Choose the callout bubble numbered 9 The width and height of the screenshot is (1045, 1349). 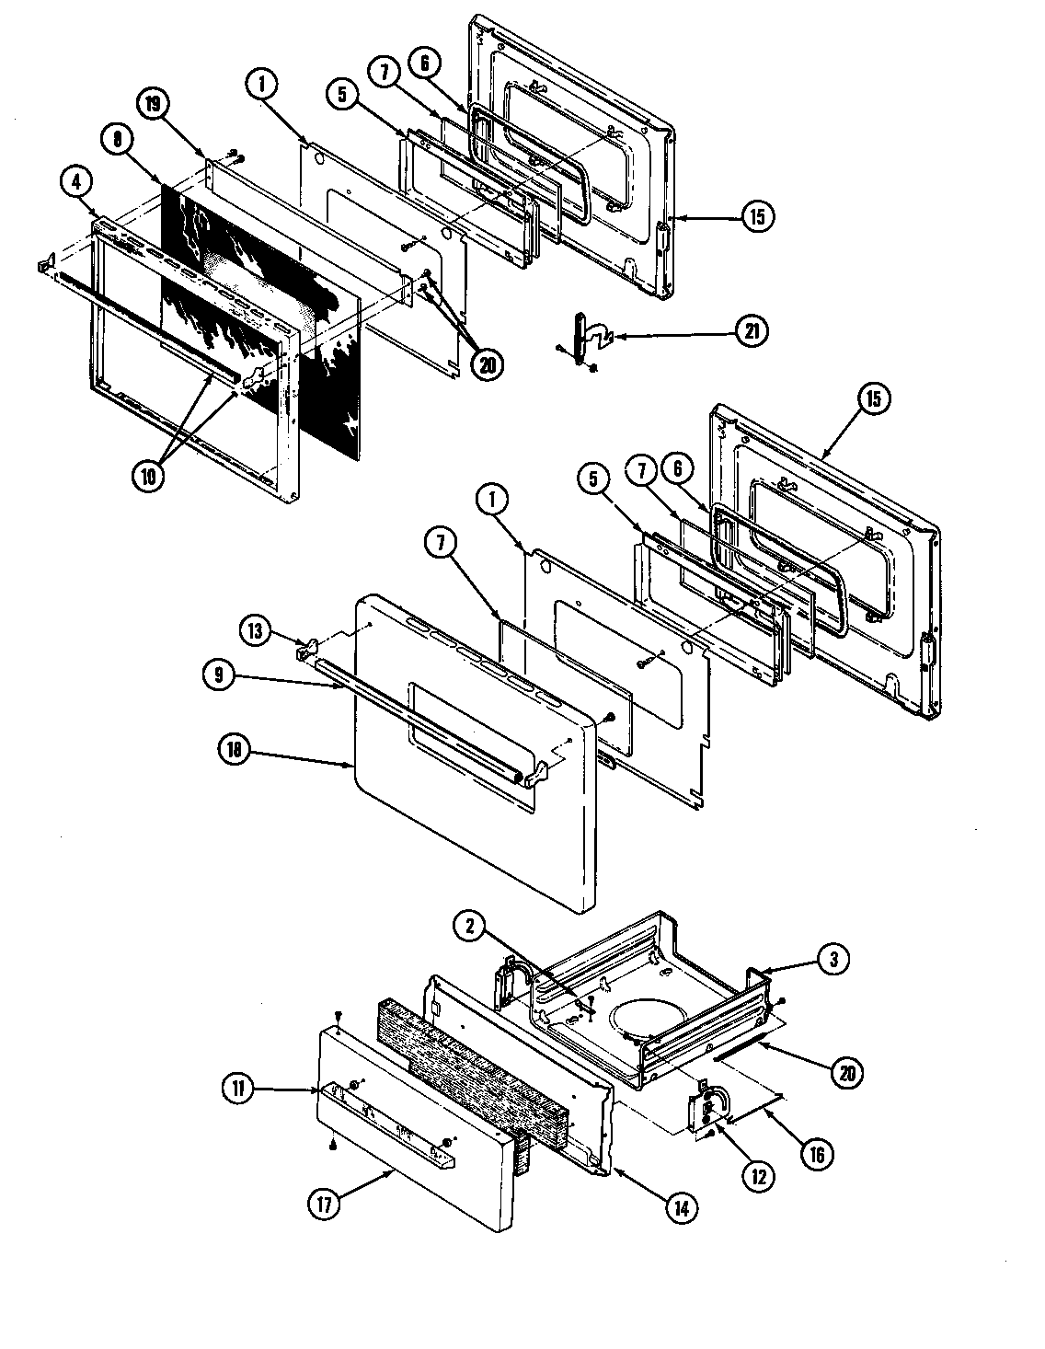[217, 674]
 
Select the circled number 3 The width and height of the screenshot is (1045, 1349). [833, 959]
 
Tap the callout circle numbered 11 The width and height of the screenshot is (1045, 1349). [237, 1089]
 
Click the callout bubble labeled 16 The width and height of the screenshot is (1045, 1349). [817, 1153]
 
